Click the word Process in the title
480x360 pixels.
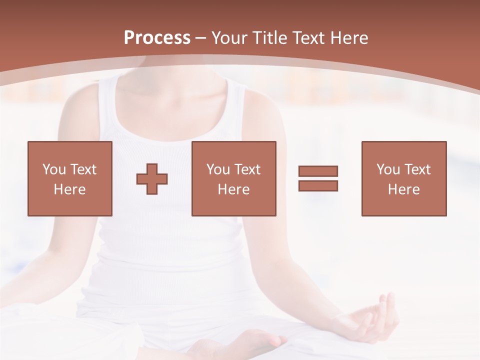[x=157, y=38]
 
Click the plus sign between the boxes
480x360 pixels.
[x=152, y=179]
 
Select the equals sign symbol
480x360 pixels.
[x=318, y=178]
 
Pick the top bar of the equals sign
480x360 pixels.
[x=318, y=171]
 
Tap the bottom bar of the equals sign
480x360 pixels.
[x=318, y=186]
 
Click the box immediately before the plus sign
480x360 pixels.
[x=70, y=178]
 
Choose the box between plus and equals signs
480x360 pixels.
[x=234, y=178]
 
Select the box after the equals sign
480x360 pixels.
[x=404, y=178]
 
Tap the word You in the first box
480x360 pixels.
[x=54, y=169]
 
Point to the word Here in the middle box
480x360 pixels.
[x=234, y=189]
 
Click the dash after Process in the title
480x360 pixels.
[x=200, y=38]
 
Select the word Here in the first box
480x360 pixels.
[x=70, y=189]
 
